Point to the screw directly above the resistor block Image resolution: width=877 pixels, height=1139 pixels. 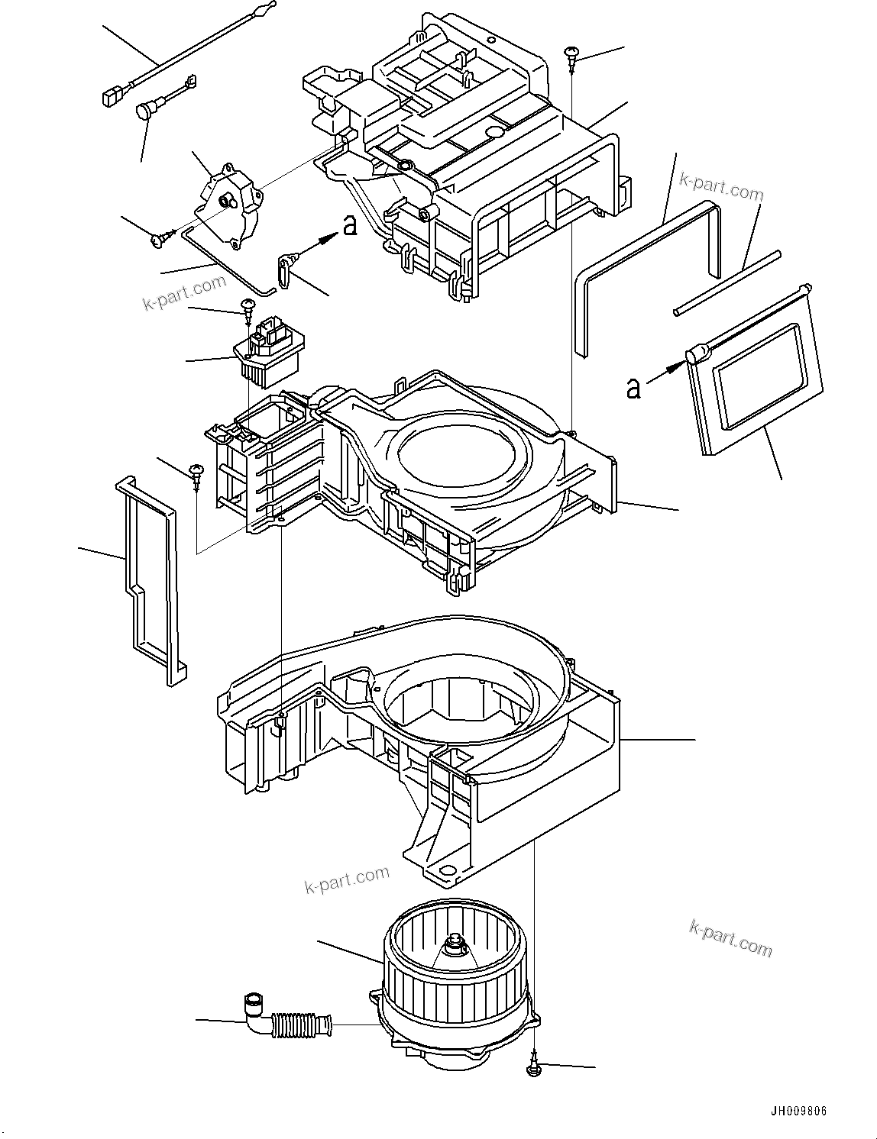pos(248,307)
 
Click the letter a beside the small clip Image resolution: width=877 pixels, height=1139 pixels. pos(350,225)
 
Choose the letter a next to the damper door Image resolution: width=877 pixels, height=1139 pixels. pos(633,387)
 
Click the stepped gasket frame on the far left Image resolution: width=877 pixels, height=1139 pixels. pos(149,580)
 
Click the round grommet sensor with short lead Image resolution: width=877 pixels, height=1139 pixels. pos(145,111)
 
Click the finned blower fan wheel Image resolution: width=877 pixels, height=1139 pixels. pos(451,970)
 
